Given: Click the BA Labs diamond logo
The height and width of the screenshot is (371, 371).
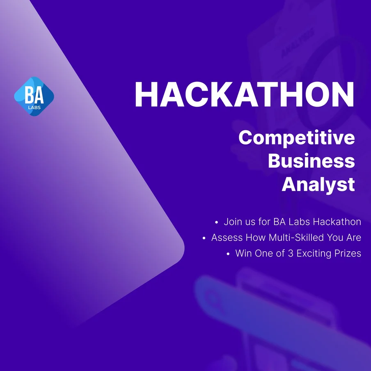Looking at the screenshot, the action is [34, 96].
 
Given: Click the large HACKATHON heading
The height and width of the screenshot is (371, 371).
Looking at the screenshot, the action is [245, 95].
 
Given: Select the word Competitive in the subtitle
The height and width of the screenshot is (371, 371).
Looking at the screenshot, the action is [297, 138].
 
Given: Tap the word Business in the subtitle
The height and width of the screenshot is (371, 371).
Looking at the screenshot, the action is [311, 161].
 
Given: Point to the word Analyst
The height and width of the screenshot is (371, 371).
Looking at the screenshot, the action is [318, 185].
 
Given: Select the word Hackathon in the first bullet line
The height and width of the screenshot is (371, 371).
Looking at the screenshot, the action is [337, 222].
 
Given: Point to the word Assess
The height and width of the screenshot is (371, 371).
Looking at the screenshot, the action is [227, 238].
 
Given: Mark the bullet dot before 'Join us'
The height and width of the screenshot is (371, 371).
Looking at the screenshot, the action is [216, 222].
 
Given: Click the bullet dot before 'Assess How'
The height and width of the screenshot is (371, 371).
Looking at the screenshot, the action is [204, 238].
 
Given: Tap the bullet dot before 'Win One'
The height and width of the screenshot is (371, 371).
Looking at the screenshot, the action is [228, 254].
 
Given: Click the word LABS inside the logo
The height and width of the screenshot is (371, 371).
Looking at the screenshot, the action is [34, 108].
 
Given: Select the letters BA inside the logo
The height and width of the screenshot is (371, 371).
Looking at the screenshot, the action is [34, 95].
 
